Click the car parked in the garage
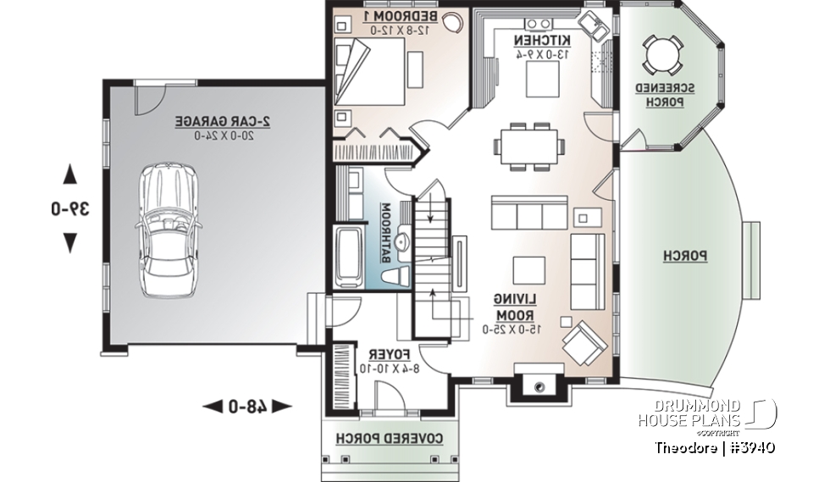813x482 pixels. click(x=169, y=230)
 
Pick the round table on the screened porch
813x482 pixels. click(x=662, y=56)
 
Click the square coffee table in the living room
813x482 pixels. click(x=528, y=269)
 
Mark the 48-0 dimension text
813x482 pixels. click(x=247, y=407)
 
